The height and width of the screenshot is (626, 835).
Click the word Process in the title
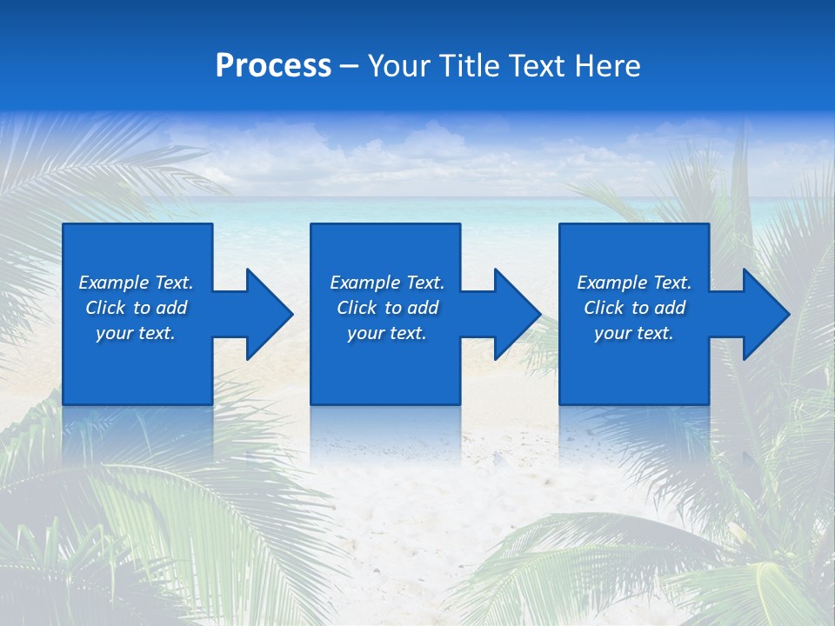click(x=273, y=66)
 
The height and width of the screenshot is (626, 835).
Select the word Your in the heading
click(x=397, y=66)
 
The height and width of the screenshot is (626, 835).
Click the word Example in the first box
click(x=114, y=283)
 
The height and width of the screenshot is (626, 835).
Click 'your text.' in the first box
click(x=136, y=333)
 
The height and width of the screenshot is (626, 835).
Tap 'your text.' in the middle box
click(x=386, y=333)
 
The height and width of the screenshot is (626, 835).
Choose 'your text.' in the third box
click(x=633, y=333)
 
